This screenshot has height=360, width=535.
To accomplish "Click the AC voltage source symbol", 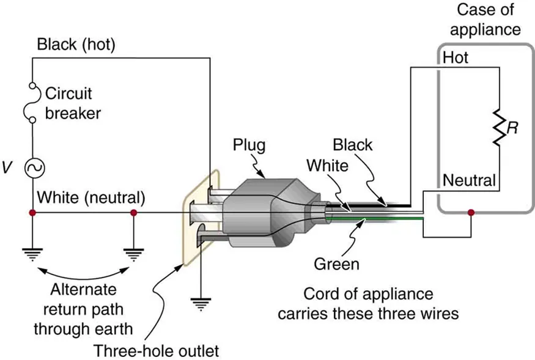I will (x=32, y=166).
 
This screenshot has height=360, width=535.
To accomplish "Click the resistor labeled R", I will (x=500, y=128).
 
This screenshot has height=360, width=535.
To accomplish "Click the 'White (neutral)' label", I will (x=91, y=198).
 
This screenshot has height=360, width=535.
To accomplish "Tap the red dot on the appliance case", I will (x=470, y=213).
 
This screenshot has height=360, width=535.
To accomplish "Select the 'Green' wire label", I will (x=336, y=264).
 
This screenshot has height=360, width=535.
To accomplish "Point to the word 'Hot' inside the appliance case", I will (x=456, y=57).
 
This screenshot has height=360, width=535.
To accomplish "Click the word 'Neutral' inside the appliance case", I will (x=468, y=180).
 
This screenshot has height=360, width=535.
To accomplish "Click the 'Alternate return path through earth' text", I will (x=83, y=309).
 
